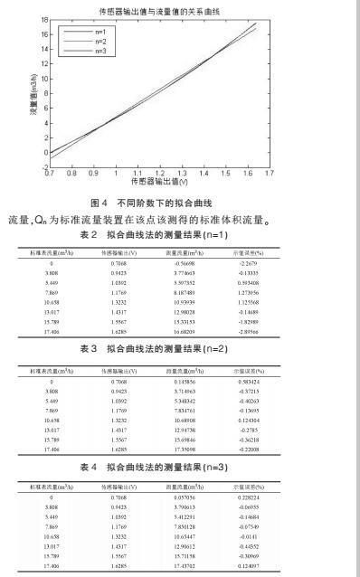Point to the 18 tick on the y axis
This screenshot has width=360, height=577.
pyautogui.click(x=42, y=22)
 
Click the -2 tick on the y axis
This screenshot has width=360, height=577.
pyautogui.click(x=42, y=166)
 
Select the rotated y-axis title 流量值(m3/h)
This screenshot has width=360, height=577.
pyautogui.click(x=20, y=94)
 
